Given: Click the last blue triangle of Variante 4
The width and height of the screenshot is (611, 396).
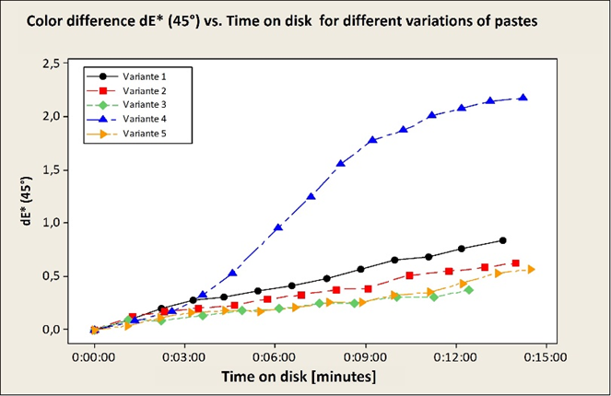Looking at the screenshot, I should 523,98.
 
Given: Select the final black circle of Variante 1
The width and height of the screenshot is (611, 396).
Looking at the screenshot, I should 502,240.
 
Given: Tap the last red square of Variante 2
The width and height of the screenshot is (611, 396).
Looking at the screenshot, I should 515,263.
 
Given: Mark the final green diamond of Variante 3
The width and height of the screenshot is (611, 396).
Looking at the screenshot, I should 469,290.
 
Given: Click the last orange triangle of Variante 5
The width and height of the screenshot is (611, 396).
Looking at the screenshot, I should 531,269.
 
